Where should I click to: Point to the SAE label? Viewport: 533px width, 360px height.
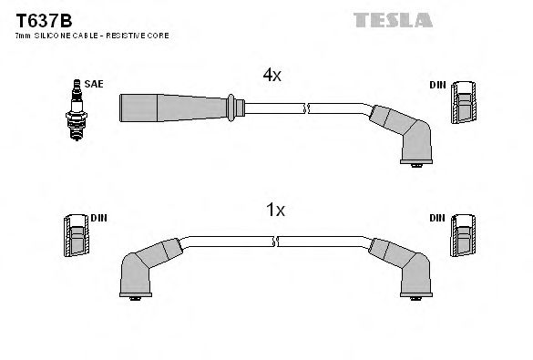click(x=94, y=84)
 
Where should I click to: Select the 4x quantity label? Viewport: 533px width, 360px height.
click(x=272, y=77)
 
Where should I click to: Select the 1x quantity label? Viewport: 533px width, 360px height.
click(x=275, y=211)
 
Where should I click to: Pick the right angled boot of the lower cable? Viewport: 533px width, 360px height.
click(x=405, y=265)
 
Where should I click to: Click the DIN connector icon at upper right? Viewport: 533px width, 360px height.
click(x=464, y=102)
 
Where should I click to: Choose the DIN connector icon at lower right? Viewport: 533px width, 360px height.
click(x=464, y=239)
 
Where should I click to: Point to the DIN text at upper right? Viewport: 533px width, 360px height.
click(x=438, y=85)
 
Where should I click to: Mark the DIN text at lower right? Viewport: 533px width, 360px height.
click(x=438, y=220)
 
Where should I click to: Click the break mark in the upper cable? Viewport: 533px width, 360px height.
click(x=308, y=108)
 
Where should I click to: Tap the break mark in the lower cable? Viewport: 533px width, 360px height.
click(x=276, y=242)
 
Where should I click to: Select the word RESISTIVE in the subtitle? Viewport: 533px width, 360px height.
click(x=122, y=35)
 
